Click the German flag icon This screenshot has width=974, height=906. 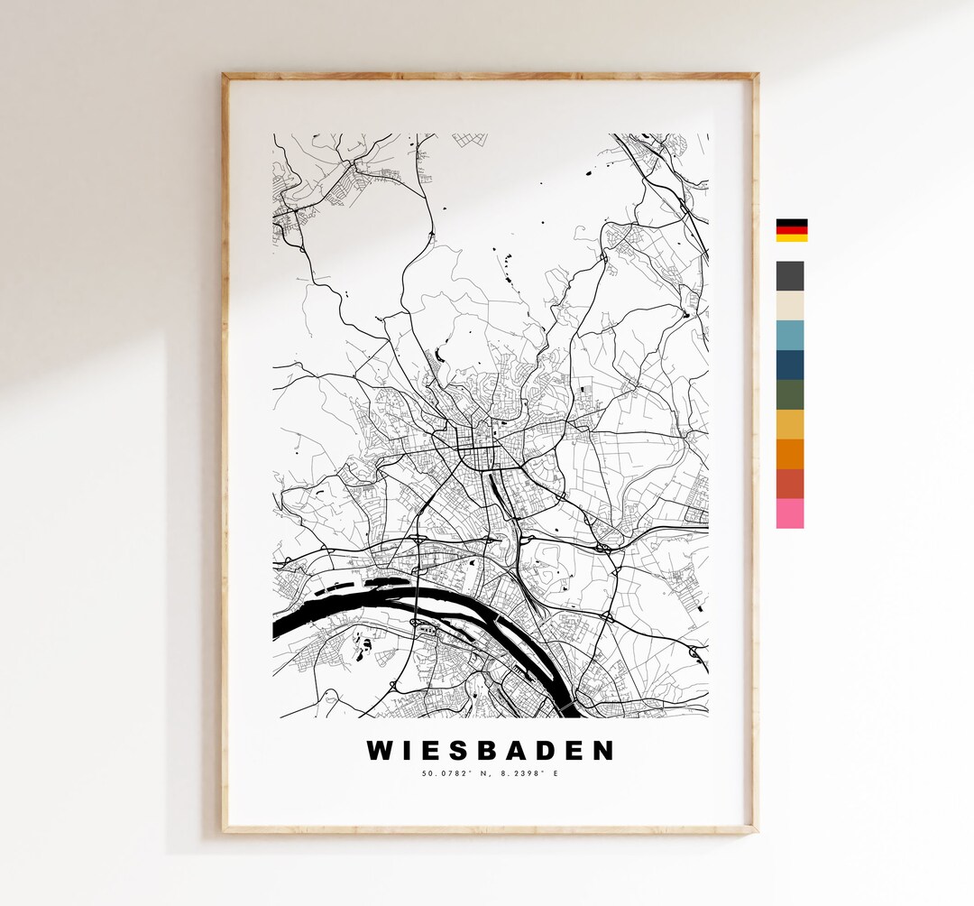point(792,230)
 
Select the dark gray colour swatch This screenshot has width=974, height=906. point(790,276)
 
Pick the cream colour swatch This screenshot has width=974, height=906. point(790,306)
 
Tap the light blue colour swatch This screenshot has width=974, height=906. point(790,336)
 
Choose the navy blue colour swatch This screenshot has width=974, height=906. point(790,365)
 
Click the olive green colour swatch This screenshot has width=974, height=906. point(790,395)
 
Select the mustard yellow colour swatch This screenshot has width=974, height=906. point(790,424)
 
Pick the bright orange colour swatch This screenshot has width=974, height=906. point(790,454)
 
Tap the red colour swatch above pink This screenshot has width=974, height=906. point(790,484)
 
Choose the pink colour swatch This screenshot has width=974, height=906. point(790,513)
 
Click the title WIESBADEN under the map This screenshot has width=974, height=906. point(491,751)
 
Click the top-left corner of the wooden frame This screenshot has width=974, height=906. point(225,77)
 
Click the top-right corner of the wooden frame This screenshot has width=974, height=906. point(756,77)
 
